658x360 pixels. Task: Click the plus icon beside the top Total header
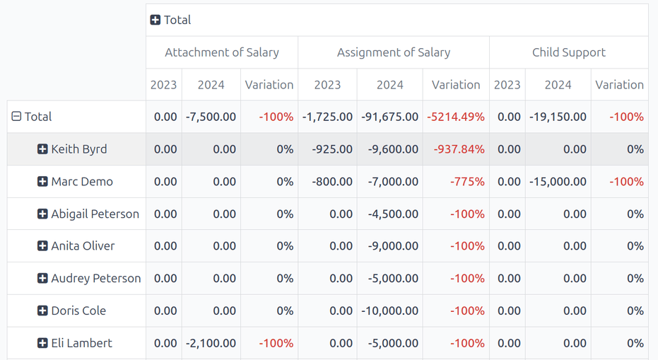[x=155, y=20]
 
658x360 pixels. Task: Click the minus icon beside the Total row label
[x=16, y=117]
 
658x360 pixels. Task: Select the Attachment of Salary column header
[x=222, y=52]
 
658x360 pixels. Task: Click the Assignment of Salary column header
[x=394, y=52]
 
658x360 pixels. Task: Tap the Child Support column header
[x=569, y=52]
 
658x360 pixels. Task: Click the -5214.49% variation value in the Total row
[x=456, y=117]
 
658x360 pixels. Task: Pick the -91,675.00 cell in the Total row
[x=390, y=117]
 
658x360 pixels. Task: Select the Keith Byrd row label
[x=79, y=149]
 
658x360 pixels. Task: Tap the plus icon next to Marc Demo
[x=42, y=182]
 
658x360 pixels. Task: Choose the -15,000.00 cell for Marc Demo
[x=558, y=182]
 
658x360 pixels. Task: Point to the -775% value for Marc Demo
[x=467, y=182]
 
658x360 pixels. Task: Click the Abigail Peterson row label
[x=95, y=214]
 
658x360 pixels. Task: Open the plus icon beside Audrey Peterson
[x=42, y=279]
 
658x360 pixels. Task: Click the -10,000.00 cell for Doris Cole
[x=391, y=310]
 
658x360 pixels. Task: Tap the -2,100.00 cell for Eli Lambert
[x=211, y=343]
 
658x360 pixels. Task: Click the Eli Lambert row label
[x=81, y=343]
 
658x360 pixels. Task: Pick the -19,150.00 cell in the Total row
[x=558, y=117]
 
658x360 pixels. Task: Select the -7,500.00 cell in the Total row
[x=211, y=117]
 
